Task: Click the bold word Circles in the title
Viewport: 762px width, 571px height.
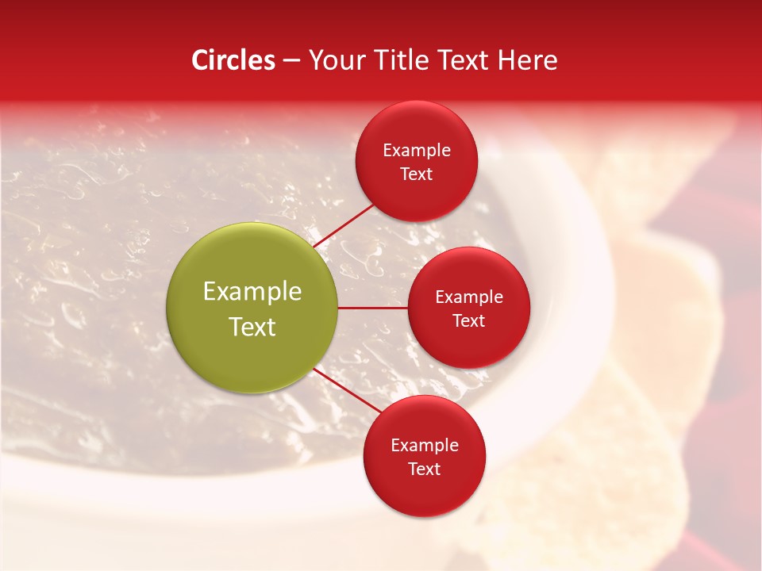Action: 233,60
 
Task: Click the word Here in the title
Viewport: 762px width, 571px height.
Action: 527,60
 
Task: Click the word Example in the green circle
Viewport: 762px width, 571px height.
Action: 252,292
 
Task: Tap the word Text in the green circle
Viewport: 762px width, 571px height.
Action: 252,327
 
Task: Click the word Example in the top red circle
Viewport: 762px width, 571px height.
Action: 416,150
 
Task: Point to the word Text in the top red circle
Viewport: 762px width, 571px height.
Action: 416,174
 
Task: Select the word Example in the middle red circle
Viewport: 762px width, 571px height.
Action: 468,297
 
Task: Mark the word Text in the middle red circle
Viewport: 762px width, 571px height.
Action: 468,320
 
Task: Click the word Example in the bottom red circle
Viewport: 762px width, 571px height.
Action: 424,445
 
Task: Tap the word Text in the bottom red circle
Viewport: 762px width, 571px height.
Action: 424,469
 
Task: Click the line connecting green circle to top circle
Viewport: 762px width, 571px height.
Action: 344,226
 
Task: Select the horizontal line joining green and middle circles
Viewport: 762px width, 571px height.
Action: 373,308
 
